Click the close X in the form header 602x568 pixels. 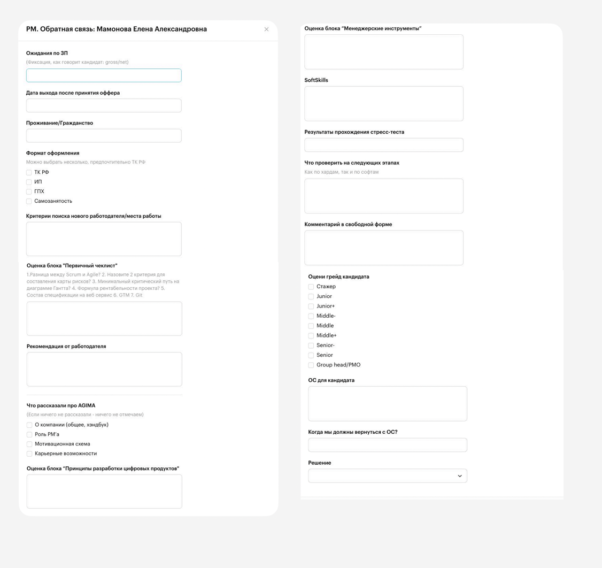[266, 29]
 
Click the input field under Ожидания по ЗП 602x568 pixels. [104, 75]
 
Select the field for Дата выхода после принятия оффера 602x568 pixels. [104, 105]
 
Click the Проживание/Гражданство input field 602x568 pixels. [104, 136]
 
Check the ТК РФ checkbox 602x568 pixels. [29, 173]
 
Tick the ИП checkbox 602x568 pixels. [29, 182]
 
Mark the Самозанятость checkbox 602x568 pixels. [29, 202]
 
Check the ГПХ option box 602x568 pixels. [29, 192]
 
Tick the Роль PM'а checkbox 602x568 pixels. [29, 435]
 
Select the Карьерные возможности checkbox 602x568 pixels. [29, 454]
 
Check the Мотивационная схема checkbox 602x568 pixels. [29, 444]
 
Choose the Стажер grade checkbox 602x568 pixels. [311, 287]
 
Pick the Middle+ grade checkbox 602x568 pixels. [311, 336]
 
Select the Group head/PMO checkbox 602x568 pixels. [311, 365]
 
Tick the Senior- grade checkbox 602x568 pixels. [311, 346]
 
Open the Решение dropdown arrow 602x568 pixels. [459, 476]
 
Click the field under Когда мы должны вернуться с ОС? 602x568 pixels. [388, 445]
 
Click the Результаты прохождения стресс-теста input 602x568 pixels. [384, 145]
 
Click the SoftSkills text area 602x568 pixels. [384, 104]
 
